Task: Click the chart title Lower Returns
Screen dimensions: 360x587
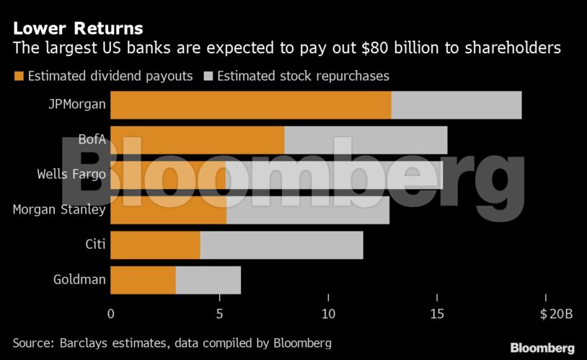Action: tap(78, 28)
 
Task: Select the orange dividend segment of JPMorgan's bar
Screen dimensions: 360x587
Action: tap(250, 105)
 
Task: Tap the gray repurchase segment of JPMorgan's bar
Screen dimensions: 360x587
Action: tap(456, 105)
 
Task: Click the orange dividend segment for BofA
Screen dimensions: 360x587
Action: tap(197, 140)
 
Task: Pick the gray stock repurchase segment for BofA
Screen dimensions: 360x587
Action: tap(366, 140)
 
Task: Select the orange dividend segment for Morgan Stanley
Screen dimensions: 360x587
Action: tap(168, 210)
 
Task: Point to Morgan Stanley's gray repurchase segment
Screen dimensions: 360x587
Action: tap(307, 210)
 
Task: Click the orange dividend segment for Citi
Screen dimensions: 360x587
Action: tap(155, 245)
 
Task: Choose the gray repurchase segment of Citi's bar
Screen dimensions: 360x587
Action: tap(281, 245)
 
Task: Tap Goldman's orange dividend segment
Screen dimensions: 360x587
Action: tap(143, 280)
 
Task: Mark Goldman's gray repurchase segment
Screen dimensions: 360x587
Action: tap(208, 280)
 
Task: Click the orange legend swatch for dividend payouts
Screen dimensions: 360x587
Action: tap(18, 76)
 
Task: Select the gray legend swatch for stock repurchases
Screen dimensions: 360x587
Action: tap(208, 76)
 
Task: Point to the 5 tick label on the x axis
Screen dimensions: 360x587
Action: tap(219, 314)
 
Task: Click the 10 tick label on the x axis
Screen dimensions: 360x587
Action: tap(328, 314)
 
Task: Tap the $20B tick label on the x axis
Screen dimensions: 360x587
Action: tap(555, 314)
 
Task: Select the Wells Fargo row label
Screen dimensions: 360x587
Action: tap(71, 175)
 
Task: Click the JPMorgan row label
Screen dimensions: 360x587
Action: tap(77, 105)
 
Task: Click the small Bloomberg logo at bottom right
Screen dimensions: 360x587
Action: tap(542, 348)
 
